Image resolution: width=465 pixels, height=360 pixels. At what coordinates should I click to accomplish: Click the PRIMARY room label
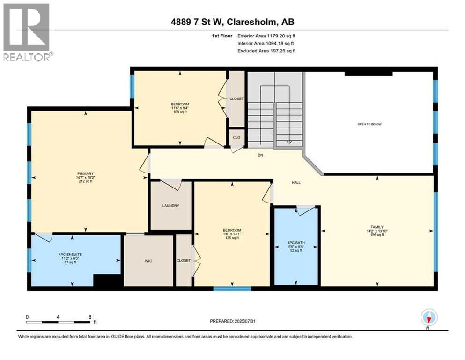(86, 173)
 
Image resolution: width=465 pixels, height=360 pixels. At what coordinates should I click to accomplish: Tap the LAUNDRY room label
(171, 206)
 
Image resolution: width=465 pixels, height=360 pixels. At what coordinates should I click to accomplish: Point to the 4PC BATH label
(296, 243)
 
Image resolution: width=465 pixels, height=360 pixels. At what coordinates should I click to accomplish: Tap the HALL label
(295, 182)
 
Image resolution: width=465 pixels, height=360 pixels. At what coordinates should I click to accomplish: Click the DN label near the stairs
(261, 155)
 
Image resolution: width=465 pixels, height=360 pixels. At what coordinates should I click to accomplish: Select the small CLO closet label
(236, 138)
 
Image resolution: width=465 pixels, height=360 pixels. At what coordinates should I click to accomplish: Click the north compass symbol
(428, 317)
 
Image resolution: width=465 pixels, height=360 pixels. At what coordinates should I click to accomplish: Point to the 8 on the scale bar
(89, 317)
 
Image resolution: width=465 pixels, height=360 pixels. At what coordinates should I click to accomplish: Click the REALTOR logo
(27, 32)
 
